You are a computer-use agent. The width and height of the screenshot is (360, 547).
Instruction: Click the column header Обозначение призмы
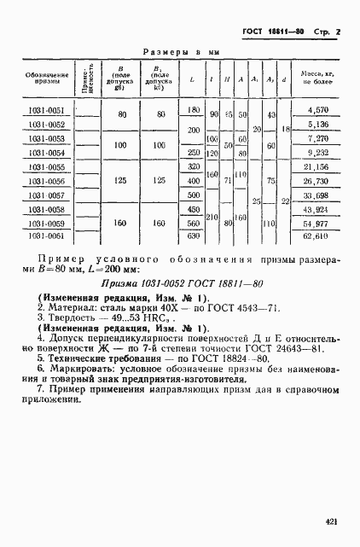(x=40, y=79)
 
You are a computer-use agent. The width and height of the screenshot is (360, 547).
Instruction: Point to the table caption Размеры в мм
(x=180, y=52)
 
